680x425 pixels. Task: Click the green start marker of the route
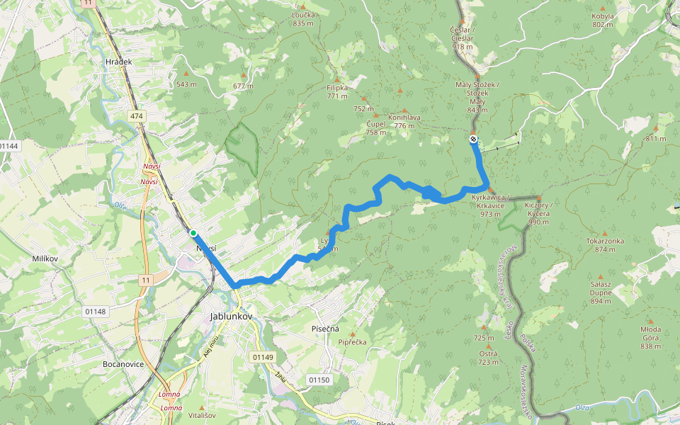coord(193,232)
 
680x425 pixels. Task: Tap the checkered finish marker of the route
coord(473,139)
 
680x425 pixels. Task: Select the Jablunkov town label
coord(231,317)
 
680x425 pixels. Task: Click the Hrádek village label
coord(118,62)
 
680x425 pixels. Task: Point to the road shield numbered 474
coord(137,115)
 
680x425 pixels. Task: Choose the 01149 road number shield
coord(262,358)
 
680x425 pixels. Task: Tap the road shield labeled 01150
coord(319,380)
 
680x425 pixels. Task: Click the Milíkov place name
coord(45,259)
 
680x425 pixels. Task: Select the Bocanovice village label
coord(123,364)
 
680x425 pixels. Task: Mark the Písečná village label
coord(326,329)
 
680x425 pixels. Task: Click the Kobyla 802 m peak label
coord(603,20)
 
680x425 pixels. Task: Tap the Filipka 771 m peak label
coord(337,92)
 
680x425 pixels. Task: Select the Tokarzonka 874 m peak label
coord(605,245)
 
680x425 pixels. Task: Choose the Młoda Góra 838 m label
coord(650,333)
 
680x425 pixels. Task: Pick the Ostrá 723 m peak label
coord(487,358)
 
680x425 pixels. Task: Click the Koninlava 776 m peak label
coord(404,121)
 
